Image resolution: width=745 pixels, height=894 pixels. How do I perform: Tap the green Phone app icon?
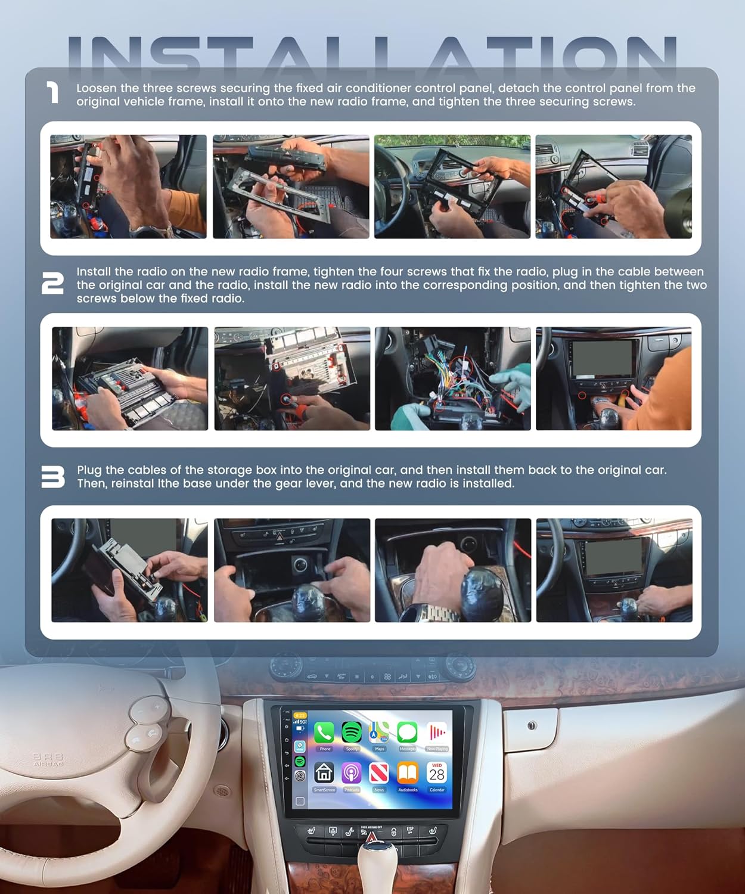[324, 733]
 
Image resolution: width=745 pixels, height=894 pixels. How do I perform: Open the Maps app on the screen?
[379, 732]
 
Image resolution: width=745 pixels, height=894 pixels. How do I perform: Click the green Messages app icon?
[408, 732]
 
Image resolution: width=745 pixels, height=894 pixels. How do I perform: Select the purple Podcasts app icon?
[352, 774]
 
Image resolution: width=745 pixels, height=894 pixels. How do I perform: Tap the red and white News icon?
[379, 774]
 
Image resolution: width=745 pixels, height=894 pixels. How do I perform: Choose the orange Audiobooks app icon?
[408, 774]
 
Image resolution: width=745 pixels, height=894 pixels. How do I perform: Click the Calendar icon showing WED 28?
[437, 773]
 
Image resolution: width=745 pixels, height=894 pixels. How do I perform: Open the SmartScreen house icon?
[324, 774]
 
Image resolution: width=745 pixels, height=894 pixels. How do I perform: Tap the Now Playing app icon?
[437, 732]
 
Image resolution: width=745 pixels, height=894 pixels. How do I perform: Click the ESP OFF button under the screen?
[410, 830]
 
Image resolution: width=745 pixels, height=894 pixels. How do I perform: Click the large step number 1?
[53, 93]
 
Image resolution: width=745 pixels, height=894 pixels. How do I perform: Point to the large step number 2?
[52, 284]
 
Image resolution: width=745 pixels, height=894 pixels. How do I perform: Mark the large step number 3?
[52, 477]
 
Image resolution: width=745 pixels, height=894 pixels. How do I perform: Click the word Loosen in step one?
[96, 88]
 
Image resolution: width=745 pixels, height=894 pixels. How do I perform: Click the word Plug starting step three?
[89, 470]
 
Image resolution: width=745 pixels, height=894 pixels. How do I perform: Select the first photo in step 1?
[128, 187]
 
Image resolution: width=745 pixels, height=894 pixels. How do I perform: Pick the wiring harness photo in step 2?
[452, 378]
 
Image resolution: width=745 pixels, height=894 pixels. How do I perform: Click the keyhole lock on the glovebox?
[532, 725]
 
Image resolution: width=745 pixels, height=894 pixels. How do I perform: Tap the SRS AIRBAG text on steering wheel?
[48, 759]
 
